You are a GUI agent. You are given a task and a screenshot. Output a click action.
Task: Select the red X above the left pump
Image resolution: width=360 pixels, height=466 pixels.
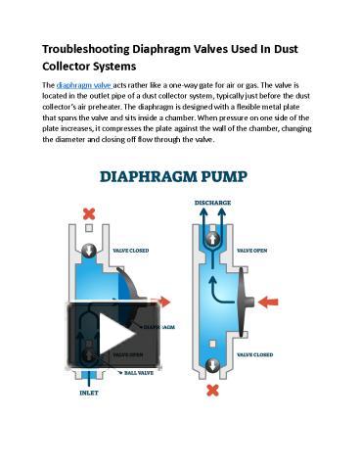tap(91, 213)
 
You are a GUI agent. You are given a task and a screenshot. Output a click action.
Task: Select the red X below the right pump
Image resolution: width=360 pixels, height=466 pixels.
tap(212, 391)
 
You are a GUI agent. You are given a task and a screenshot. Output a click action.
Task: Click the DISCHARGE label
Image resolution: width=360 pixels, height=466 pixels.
tap(212, 204)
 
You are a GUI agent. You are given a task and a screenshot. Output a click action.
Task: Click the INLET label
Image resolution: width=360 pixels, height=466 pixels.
tap(90, 394)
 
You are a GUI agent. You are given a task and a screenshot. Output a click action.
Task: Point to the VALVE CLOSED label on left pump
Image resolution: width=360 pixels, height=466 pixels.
tap(136, 251)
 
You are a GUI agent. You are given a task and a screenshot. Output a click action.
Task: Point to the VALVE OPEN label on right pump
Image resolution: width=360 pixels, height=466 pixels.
tap(257, 249)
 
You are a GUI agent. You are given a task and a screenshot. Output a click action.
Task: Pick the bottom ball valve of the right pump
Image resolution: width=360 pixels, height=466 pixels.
tap(212, 362)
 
